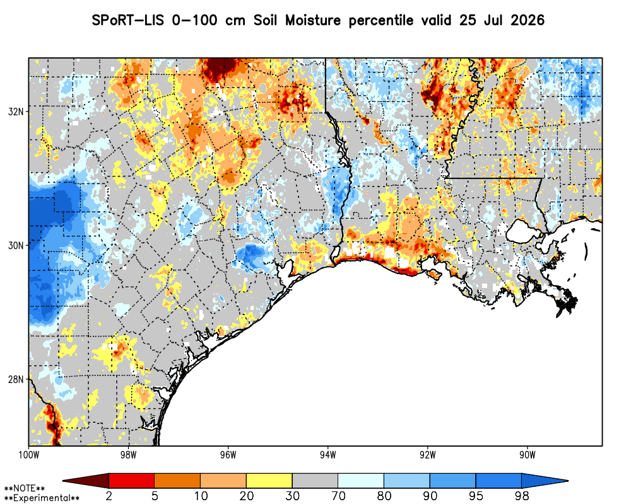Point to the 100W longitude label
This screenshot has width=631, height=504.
28,455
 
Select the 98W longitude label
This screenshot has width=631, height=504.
128,455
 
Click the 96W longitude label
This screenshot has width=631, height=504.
228,455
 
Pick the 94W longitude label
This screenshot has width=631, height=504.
328,455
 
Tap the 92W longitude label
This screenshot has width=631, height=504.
428,455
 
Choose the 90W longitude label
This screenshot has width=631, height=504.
528,455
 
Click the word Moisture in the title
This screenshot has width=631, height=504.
313,20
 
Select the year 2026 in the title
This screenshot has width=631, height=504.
528,20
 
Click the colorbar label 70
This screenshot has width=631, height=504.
338,496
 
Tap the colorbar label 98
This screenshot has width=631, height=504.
522,496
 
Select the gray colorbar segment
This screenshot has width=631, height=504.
315,481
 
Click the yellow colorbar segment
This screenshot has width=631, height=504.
269,481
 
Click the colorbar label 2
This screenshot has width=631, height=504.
109,496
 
